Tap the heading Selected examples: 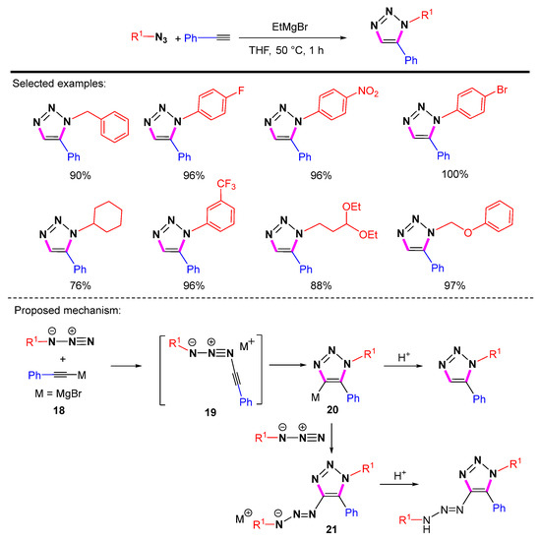click(57, 87)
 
